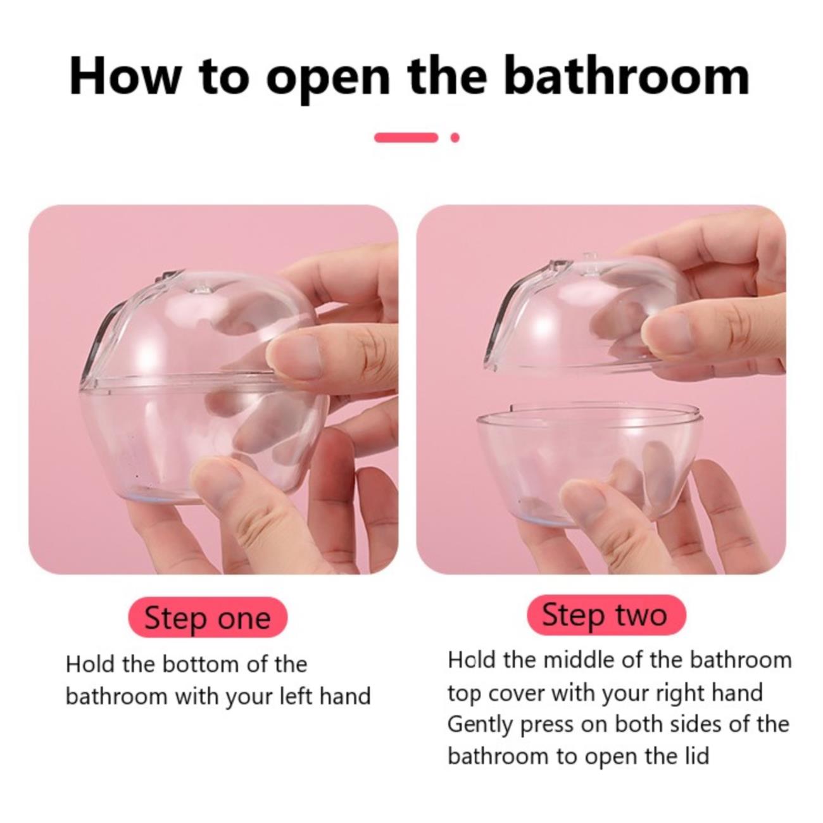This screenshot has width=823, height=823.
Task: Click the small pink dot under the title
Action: tap(455, 137)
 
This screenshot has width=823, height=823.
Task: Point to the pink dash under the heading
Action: tap(406, 137)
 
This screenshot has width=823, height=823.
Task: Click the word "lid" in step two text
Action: tap(697, 757)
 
